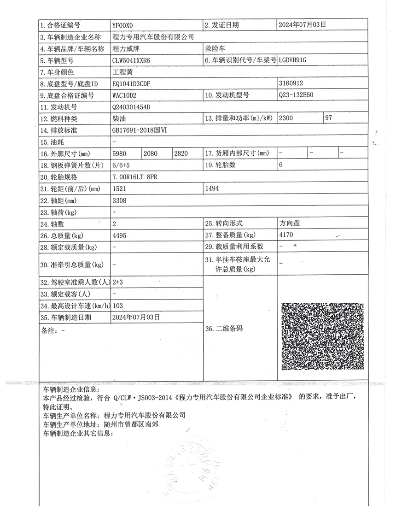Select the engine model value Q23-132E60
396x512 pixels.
click(x=299, y=95)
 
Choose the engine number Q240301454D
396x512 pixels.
click(x=131, y=107)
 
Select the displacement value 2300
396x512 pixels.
click(x=286, y=118)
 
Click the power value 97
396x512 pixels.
click(x=328, y=118)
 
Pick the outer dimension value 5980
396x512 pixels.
click(x=119, y=153)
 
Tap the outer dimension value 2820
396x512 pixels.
click(x=181, y=153)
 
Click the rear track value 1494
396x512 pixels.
click(x=213, y=188)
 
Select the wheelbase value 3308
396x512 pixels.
click(x=119, y=200)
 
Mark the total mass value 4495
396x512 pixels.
click(x=119, y=235)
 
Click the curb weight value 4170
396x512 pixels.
click(x=286, y=235)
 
